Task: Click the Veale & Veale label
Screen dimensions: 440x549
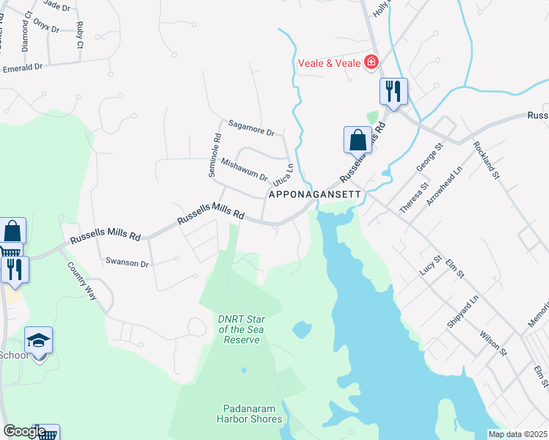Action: pos(329,63)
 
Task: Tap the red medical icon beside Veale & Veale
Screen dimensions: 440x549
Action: pos(371,62)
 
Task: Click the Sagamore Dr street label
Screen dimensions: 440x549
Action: pos(250,128)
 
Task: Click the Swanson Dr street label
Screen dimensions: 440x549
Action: pos(127,262)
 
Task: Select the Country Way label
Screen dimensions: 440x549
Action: pos(81,280)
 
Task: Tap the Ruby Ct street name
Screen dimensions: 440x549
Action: pos(79,34)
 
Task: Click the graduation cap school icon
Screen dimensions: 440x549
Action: pos(38,341)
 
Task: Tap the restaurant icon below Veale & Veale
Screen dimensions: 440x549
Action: pos(393,92)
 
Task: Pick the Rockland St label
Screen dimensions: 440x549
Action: pos(486,161)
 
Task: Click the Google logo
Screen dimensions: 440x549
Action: pos(25,432)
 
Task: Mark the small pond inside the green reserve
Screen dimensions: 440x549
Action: pos(302,330)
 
